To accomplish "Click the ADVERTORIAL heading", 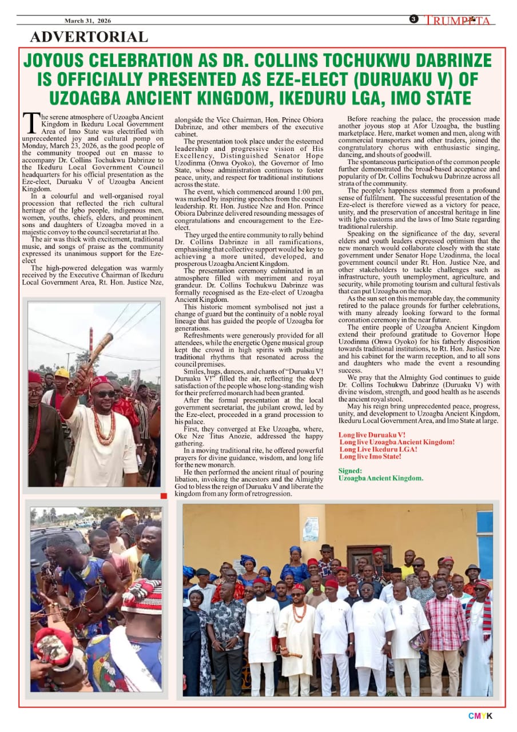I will pyautogui.click(x=89, y=37).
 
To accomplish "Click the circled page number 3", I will pyautogui.click(x=413, y=19).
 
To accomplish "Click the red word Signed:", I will pyautogui.click(x=350, y=471).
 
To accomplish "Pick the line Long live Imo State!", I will pyautogui.click(x=370, y=456).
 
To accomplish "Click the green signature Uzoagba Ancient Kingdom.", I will pyautogui.click(x=381, y=478).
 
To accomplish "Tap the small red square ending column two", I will pyautogui.click(x=164, y=495).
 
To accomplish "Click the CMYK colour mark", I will pyautogui.click(x=480, y=716).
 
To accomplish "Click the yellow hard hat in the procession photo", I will pyautogui.click(x=62, y=373).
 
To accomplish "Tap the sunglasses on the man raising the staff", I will pyautogui.click(x=105, y=394).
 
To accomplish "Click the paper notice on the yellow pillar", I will pyautogui.click(x=311, y=529).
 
